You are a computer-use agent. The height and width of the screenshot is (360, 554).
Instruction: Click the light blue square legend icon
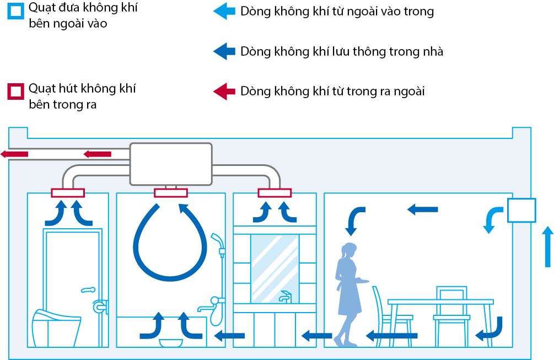[15, 12]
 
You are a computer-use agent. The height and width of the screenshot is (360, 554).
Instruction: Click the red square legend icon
[15, 91]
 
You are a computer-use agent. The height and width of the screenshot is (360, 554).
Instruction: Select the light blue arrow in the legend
[224, 12]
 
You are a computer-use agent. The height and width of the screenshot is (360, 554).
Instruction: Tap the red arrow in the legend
[224, 91]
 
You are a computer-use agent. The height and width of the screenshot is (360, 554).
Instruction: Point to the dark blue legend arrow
[224, 52]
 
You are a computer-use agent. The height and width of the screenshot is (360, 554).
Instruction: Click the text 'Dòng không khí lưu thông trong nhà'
[342, 52]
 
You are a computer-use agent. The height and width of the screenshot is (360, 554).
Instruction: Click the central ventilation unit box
[171, 164]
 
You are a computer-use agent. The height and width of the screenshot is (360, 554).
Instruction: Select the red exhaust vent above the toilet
[68, 192]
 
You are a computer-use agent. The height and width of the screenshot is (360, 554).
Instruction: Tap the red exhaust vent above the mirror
[275, 192]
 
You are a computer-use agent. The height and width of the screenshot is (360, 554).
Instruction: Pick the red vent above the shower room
[171, 192]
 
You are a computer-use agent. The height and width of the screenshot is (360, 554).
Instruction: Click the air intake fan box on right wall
[521, 210]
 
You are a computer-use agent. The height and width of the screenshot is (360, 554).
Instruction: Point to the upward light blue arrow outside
[547, 246]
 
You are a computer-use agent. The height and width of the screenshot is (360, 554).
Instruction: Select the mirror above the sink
[275, 268]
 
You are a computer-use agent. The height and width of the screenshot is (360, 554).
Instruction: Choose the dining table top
[440, 302]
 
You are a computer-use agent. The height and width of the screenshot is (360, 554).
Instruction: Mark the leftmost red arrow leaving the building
[14, 154]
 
